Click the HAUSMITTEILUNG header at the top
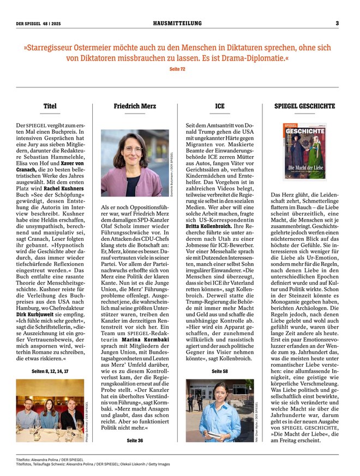tap(177, 23)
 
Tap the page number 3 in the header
tap(337, 23)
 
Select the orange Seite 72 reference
tap(177, 69)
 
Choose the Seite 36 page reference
tap(135, 440)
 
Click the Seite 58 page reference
tap(220, 371)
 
